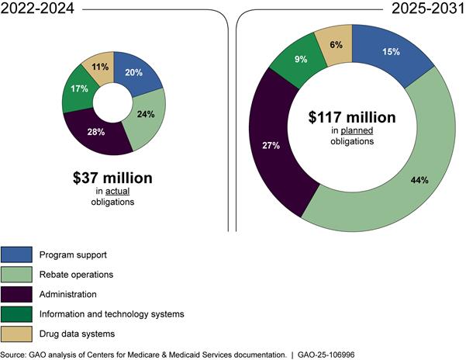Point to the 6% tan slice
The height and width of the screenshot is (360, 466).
(x=335, y=45)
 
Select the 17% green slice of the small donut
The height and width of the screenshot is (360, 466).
(x=78, y=90)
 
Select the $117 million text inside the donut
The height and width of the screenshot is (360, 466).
(x=354, y=118)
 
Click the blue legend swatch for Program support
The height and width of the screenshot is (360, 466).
(x=17, y=254)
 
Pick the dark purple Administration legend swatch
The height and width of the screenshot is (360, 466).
(x=17, y=295)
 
